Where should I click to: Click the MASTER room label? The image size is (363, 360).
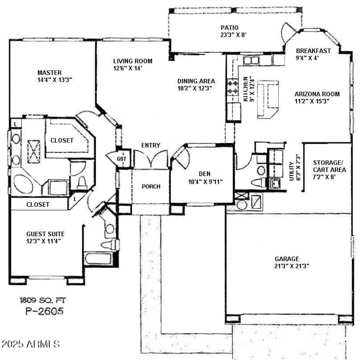pyautogui.click(x=49, y=73)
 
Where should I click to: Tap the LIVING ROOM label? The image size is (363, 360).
pyautogui.click(x=132, y=61)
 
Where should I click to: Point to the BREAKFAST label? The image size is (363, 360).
pyautogui.click(x=314, y=51)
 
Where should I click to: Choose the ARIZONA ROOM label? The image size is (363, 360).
pyautogui.click(x=317, y=94)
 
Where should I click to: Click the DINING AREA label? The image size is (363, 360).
pyautogui.click(x=196, y=82)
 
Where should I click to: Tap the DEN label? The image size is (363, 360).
pyautogui.click(x=204, y=173)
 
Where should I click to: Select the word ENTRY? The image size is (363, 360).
pyautogui.click(x=150, y=145)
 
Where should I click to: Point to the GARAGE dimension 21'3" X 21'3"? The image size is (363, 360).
pyautogui.click(x=292, y=266)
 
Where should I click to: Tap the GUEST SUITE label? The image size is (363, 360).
pyautogui.click(x=45, y=234)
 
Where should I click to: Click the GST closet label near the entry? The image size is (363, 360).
pyautogui.click(x=121, y=159)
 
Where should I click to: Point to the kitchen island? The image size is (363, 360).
pyautogui.click(x=267, y=100)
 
